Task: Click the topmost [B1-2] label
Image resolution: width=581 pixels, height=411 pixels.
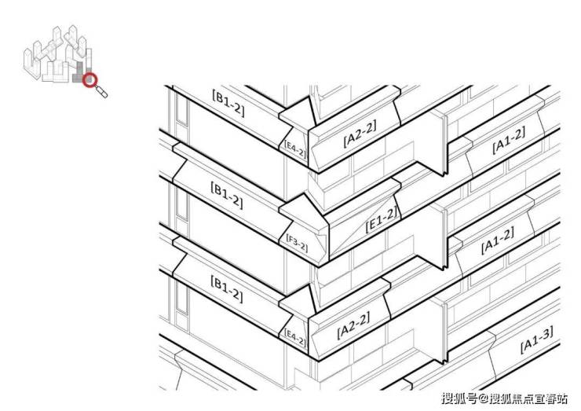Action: pos(228,103)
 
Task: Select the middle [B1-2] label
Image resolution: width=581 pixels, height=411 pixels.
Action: pos(227,195)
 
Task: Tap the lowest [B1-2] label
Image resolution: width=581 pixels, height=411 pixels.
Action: pos(227,288)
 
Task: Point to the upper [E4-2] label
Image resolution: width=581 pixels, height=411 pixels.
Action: pos(295,149)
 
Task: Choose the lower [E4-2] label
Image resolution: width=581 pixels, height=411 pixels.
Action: pos(295,337)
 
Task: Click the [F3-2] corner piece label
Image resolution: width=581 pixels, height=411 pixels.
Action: pos(297,243)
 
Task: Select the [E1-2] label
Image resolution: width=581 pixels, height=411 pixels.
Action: pos(382,219)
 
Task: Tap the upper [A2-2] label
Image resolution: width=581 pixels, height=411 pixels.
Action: pos(360,134)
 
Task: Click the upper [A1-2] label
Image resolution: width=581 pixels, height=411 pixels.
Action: pos(509,140)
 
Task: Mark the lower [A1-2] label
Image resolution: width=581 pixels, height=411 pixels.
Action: pos(498,240)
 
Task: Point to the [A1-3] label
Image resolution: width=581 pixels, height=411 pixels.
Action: pos(537,339)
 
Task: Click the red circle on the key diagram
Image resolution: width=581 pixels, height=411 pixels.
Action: pos(90,79)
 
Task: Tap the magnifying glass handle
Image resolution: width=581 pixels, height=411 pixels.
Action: pos(102,92)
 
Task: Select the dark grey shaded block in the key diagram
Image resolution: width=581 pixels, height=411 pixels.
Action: pos(79,73)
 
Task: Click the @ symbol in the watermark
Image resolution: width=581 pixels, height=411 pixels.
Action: pos(483,398)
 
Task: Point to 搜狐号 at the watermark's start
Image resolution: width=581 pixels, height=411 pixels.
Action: pos(459,398)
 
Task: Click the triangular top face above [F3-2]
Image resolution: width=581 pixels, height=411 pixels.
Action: pos(302,210)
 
